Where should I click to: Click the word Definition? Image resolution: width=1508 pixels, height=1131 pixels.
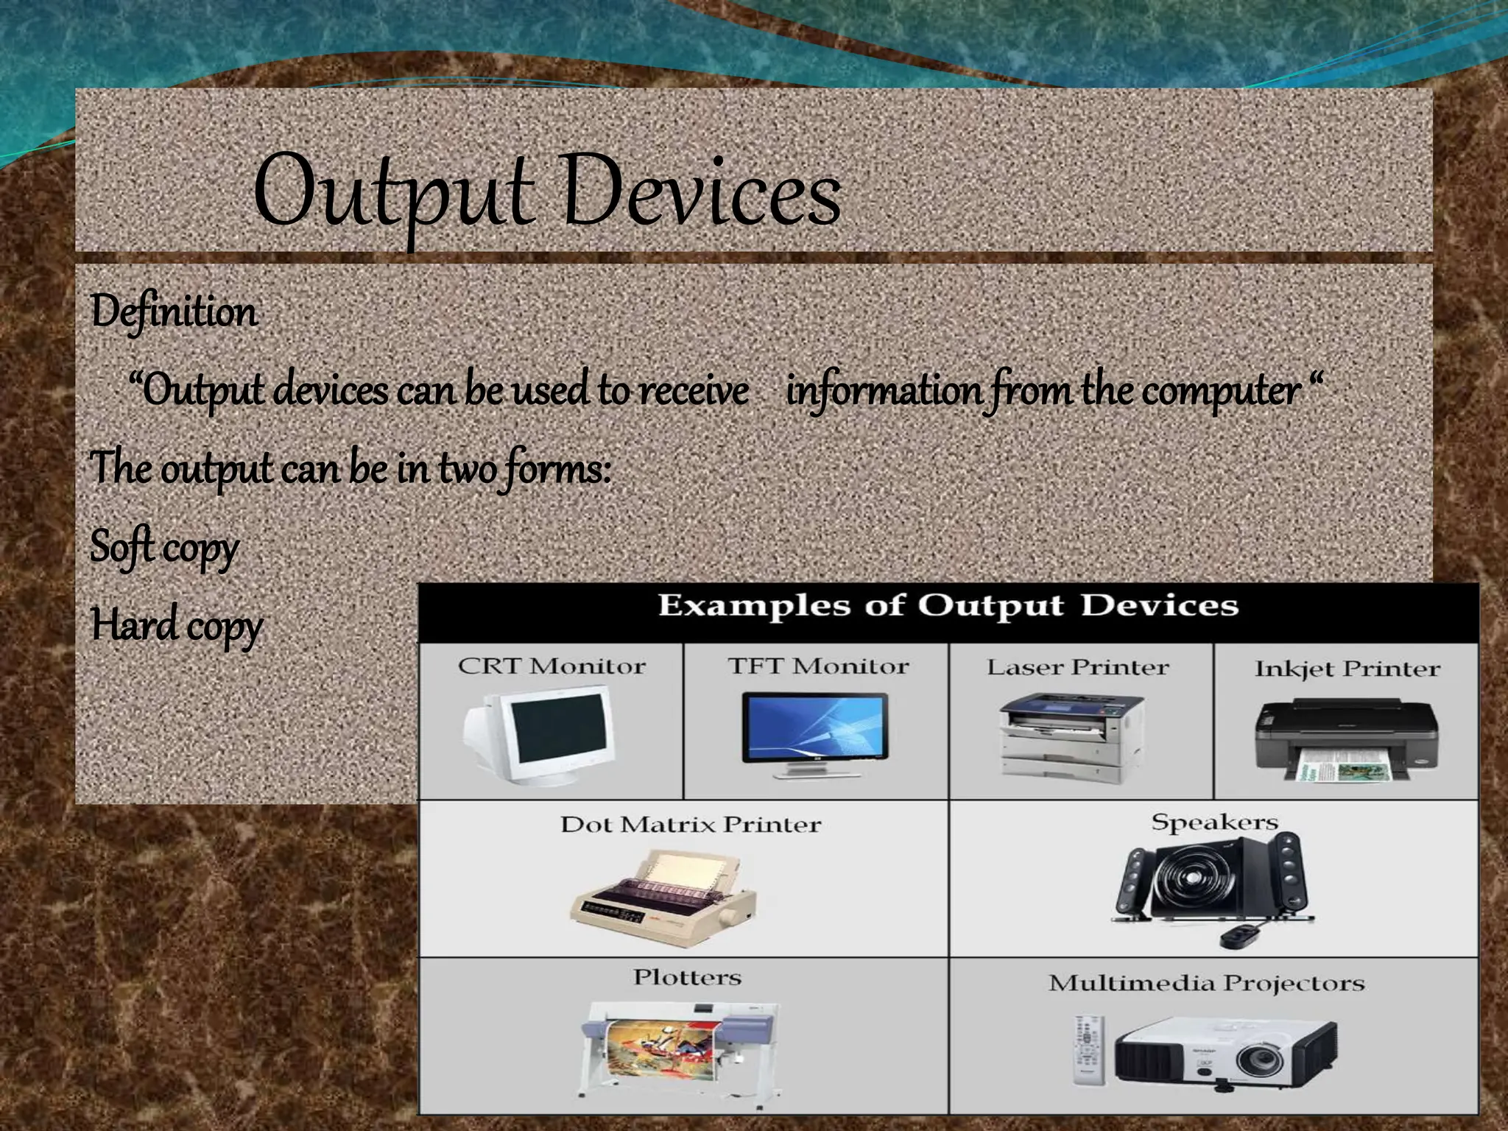(x=174, y=312)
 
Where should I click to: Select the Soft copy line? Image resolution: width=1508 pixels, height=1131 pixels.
(x=163, y=548)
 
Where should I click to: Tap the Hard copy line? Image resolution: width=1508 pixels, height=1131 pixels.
(x=175, y=626)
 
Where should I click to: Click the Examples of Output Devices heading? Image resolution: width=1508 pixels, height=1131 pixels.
(x=947, y=606)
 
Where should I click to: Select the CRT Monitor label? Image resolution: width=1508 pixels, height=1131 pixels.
(x=551, y=666)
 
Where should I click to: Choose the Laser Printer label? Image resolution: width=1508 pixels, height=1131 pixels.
(x=1077, y=668)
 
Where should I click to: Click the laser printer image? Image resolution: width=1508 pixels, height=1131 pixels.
(x=1070, y=737)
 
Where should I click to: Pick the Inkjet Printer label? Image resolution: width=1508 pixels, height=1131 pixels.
(x=1347, y=669)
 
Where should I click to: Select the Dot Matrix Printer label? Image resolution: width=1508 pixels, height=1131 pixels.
(x=690, y=824)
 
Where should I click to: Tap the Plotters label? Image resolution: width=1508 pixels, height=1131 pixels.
(x=686, y=978)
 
